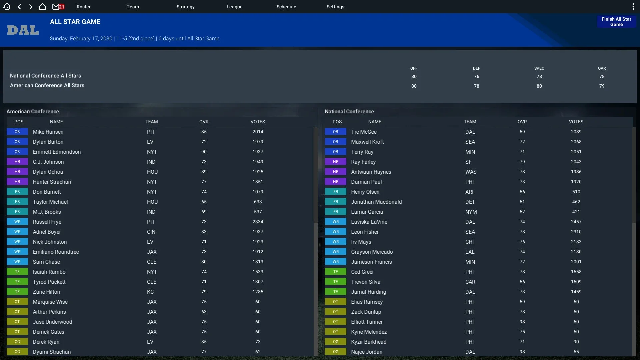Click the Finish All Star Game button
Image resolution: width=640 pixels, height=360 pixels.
click(616, 22)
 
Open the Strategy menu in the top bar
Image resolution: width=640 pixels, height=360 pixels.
click(185, 7)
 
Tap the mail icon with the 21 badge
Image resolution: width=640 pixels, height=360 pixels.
click(58, 7)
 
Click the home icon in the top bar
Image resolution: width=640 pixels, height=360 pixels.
click(42, 7)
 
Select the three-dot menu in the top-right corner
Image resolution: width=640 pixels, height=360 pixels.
click(633, 7)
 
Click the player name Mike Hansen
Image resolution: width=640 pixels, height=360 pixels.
click(48, 132)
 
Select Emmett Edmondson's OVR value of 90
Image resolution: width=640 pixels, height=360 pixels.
click(204, 152)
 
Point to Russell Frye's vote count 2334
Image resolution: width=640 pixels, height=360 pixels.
click(258, 222)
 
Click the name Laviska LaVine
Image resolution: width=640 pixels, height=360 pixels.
click(369, 222)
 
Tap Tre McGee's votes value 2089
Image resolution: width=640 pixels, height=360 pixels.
click(576, 132)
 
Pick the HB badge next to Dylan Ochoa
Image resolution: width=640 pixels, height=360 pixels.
click(17, 172)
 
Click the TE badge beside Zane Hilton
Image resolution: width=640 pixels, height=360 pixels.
click(17, 292)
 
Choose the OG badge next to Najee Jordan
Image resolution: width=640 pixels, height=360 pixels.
click(335, 352)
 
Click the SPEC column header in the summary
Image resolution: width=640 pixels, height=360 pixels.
click(539, 68)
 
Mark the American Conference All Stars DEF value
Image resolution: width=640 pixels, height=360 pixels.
click(476, 86)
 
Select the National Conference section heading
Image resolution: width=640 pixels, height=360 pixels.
click(349, 112)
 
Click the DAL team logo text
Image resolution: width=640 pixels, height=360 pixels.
click(23, 30)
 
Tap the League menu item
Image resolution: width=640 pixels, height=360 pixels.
click(234, 7)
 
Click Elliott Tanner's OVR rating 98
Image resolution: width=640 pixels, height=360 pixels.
click(522, 322)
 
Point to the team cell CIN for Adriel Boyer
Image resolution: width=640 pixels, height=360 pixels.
click(151, 232)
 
